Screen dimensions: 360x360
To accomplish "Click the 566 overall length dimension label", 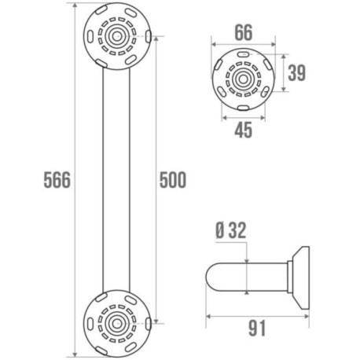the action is pos(57,180).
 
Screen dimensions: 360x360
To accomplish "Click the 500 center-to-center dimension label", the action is pos(173,180).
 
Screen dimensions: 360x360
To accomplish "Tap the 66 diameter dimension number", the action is pos(244,32).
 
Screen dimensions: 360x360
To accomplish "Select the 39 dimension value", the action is pos(297,72).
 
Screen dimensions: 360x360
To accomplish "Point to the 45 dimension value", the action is pos(244,130).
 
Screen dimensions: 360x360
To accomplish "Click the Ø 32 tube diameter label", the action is pos(231,230).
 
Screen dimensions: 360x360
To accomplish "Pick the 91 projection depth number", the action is pos(257,328).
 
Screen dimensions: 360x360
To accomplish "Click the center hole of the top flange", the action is pos(117,36).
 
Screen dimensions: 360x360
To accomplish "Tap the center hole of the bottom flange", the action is pos(117,324).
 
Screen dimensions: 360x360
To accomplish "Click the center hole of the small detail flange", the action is pos(244,79).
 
